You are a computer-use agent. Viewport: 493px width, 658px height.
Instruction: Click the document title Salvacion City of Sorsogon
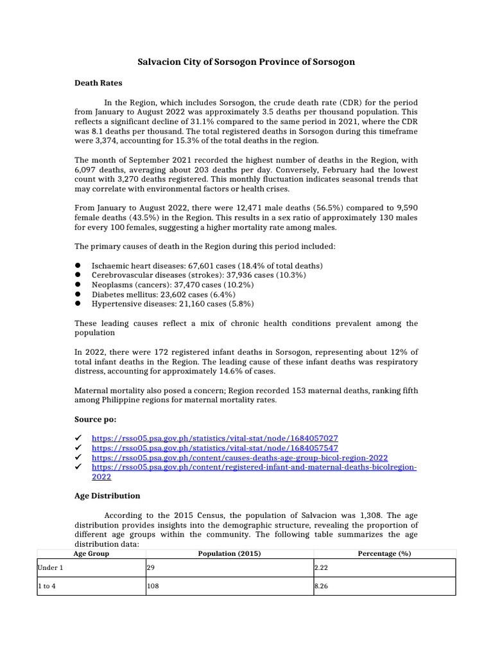(246, 62)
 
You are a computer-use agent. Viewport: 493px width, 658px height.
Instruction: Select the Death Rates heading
(98, 83)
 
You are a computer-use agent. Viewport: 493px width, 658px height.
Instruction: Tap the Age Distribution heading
(107, 496)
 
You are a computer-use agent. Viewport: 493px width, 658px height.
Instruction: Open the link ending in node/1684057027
(215, 437)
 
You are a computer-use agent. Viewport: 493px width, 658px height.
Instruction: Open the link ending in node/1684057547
(215, 447)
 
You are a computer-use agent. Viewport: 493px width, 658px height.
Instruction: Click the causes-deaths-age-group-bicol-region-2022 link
(239, 458)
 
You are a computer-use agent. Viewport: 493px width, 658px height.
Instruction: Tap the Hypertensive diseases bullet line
(173, 304)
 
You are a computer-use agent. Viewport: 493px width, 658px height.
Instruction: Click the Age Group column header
(91, 553)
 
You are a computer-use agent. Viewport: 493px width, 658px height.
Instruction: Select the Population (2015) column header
(230, 553)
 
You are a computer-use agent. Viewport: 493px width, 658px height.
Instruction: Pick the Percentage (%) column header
(385, 553)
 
